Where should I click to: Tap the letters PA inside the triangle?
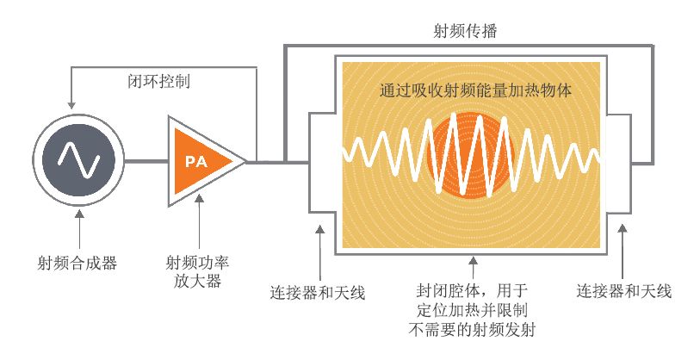[x=196, y=161]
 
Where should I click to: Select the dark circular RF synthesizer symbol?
[x=78, y=160]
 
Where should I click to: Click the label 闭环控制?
[x=159, y=81]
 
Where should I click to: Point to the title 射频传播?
[x=465, y=31]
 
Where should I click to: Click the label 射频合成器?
[x=77, y=263]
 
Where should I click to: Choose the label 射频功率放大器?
[x=197, y=271]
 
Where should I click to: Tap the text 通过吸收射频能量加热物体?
[x=475, y=90]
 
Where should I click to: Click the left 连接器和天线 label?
[x=318, y=293]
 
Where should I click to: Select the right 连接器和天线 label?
[x=623, y=291]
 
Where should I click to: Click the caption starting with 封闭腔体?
[x=473, y=310]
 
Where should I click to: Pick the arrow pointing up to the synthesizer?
[x=79, y=230]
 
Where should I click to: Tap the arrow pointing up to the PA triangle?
[x=200, y=221]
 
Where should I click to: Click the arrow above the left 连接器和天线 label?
[x=320, y=253]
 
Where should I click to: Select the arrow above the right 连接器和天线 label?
[x=623, y=251]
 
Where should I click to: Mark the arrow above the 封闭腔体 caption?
[x=474, y=268]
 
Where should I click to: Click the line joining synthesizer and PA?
[x=146, y=161]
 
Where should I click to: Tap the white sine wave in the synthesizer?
[x=79, y=160]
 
